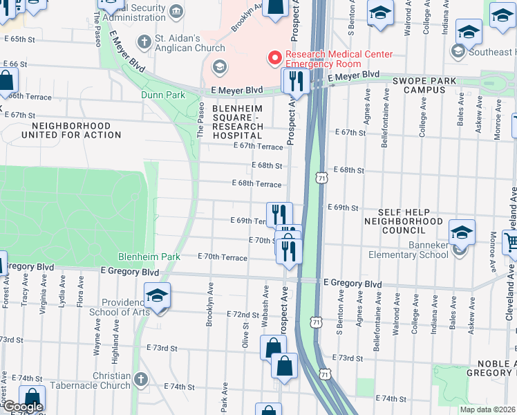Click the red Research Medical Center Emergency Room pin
tap(274, 58)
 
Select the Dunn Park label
tap(162, 95)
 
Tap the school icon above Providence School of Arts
tap(158, 297)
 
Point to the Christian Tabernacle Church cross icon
tap(141, 379)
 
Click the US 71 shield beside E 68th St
tap(323, 178)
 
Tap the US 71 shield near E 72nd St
tap(316, 322)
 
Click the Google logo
tap(22, 407)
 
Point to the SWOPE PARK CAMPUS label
tap(425, 85)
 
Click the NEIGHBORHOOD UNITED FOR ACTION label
tap(71, 130)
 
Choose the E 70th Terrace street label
tap(222, 257)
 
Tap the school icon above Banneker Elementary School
tap(462, 232)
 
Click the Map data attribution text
tap(488, 409)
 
